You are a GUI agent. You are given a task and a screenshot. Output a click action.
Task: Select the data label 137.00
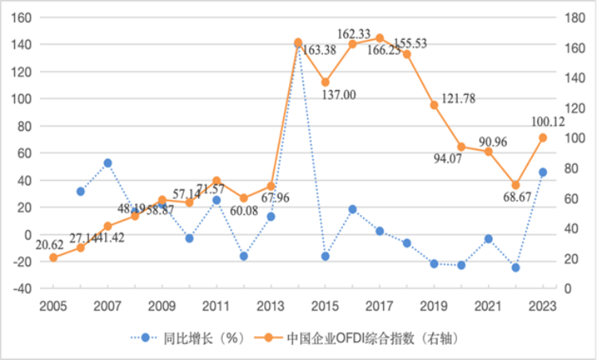339,95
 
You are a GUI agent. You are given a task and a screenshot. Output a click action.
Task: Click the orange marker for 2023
543,138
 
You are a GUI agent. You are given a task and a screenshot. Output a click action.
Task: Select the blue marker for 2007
107,162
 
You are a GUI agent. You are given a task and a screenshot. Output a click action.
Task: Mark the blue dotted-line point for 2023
543,172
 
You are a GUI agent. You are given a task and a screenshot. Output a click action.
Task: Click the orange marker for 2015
325,82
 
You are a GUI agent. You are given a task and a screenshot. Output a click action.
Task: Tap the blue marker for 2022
516,268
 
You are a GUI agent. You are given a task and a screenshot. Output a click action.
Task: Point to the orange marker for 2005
53,257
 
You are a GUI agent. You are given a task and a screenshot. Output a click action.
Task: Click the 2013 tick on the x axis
271,305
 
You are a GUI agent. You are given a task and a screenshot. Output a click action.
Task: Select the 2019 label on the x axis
434,305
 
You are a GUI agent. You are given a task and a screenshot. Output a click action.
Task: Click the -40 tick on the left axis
21,288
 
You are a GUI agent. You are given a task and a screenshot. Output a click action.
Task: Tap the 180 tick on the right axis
575,18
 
